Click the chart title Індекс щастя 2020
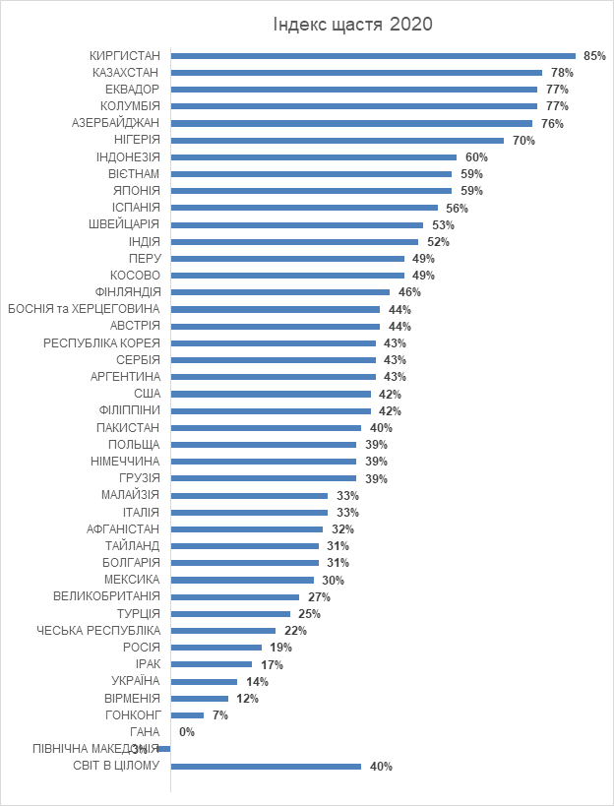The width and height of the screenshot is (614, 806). (x=353, y=24)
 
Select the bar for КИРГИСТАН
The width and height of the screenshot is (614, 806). (x=373, y=55)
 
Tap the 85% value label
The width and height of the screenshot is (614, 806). (x=594, y=56)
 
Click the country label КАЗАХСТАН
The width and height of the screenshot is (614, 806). (x=126, y=72)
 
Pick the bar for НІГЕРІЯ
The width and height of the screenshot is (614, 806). (x=338, y=140)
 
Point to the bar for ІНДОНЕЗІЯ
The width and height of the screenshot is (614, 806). (x=314, y=156)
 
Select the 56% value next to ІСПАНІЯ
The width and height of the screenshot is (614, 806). (x=457, y=208)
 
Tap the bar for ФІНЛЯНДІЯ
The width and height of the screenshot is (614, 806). (x=280, y=292)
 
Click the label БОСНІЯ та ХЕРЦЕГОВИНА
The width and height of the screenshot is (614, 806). (x=84, y=309)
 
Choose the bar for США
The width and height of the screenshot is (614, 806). (x=271, y=394)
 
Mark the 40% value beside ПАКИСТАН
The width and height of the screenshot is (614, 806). (x=381, y=428)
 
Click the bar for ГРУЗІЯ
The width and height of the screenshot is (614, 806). (x=264, y=478)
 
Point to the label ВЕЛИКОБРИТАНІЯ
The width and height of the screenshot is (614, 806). (x=106, y=596)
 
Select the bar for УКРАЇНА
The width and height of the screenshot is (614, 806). (x=205, y=681)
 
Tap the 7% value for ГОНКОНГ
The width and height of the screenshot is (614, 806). (x=219, y=715)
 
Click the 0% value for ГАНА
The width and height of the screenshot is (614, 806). (x=187, y=732)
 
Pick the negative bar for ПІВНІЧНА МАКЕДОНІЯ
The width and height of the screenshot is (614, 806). (x=164, y=749)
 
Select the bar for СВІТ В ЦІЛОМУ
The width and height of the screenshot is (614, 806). (x=266, y=766)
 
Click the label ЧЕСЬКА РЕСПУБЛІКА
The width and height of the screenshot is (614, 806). (x=98, y=631)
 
